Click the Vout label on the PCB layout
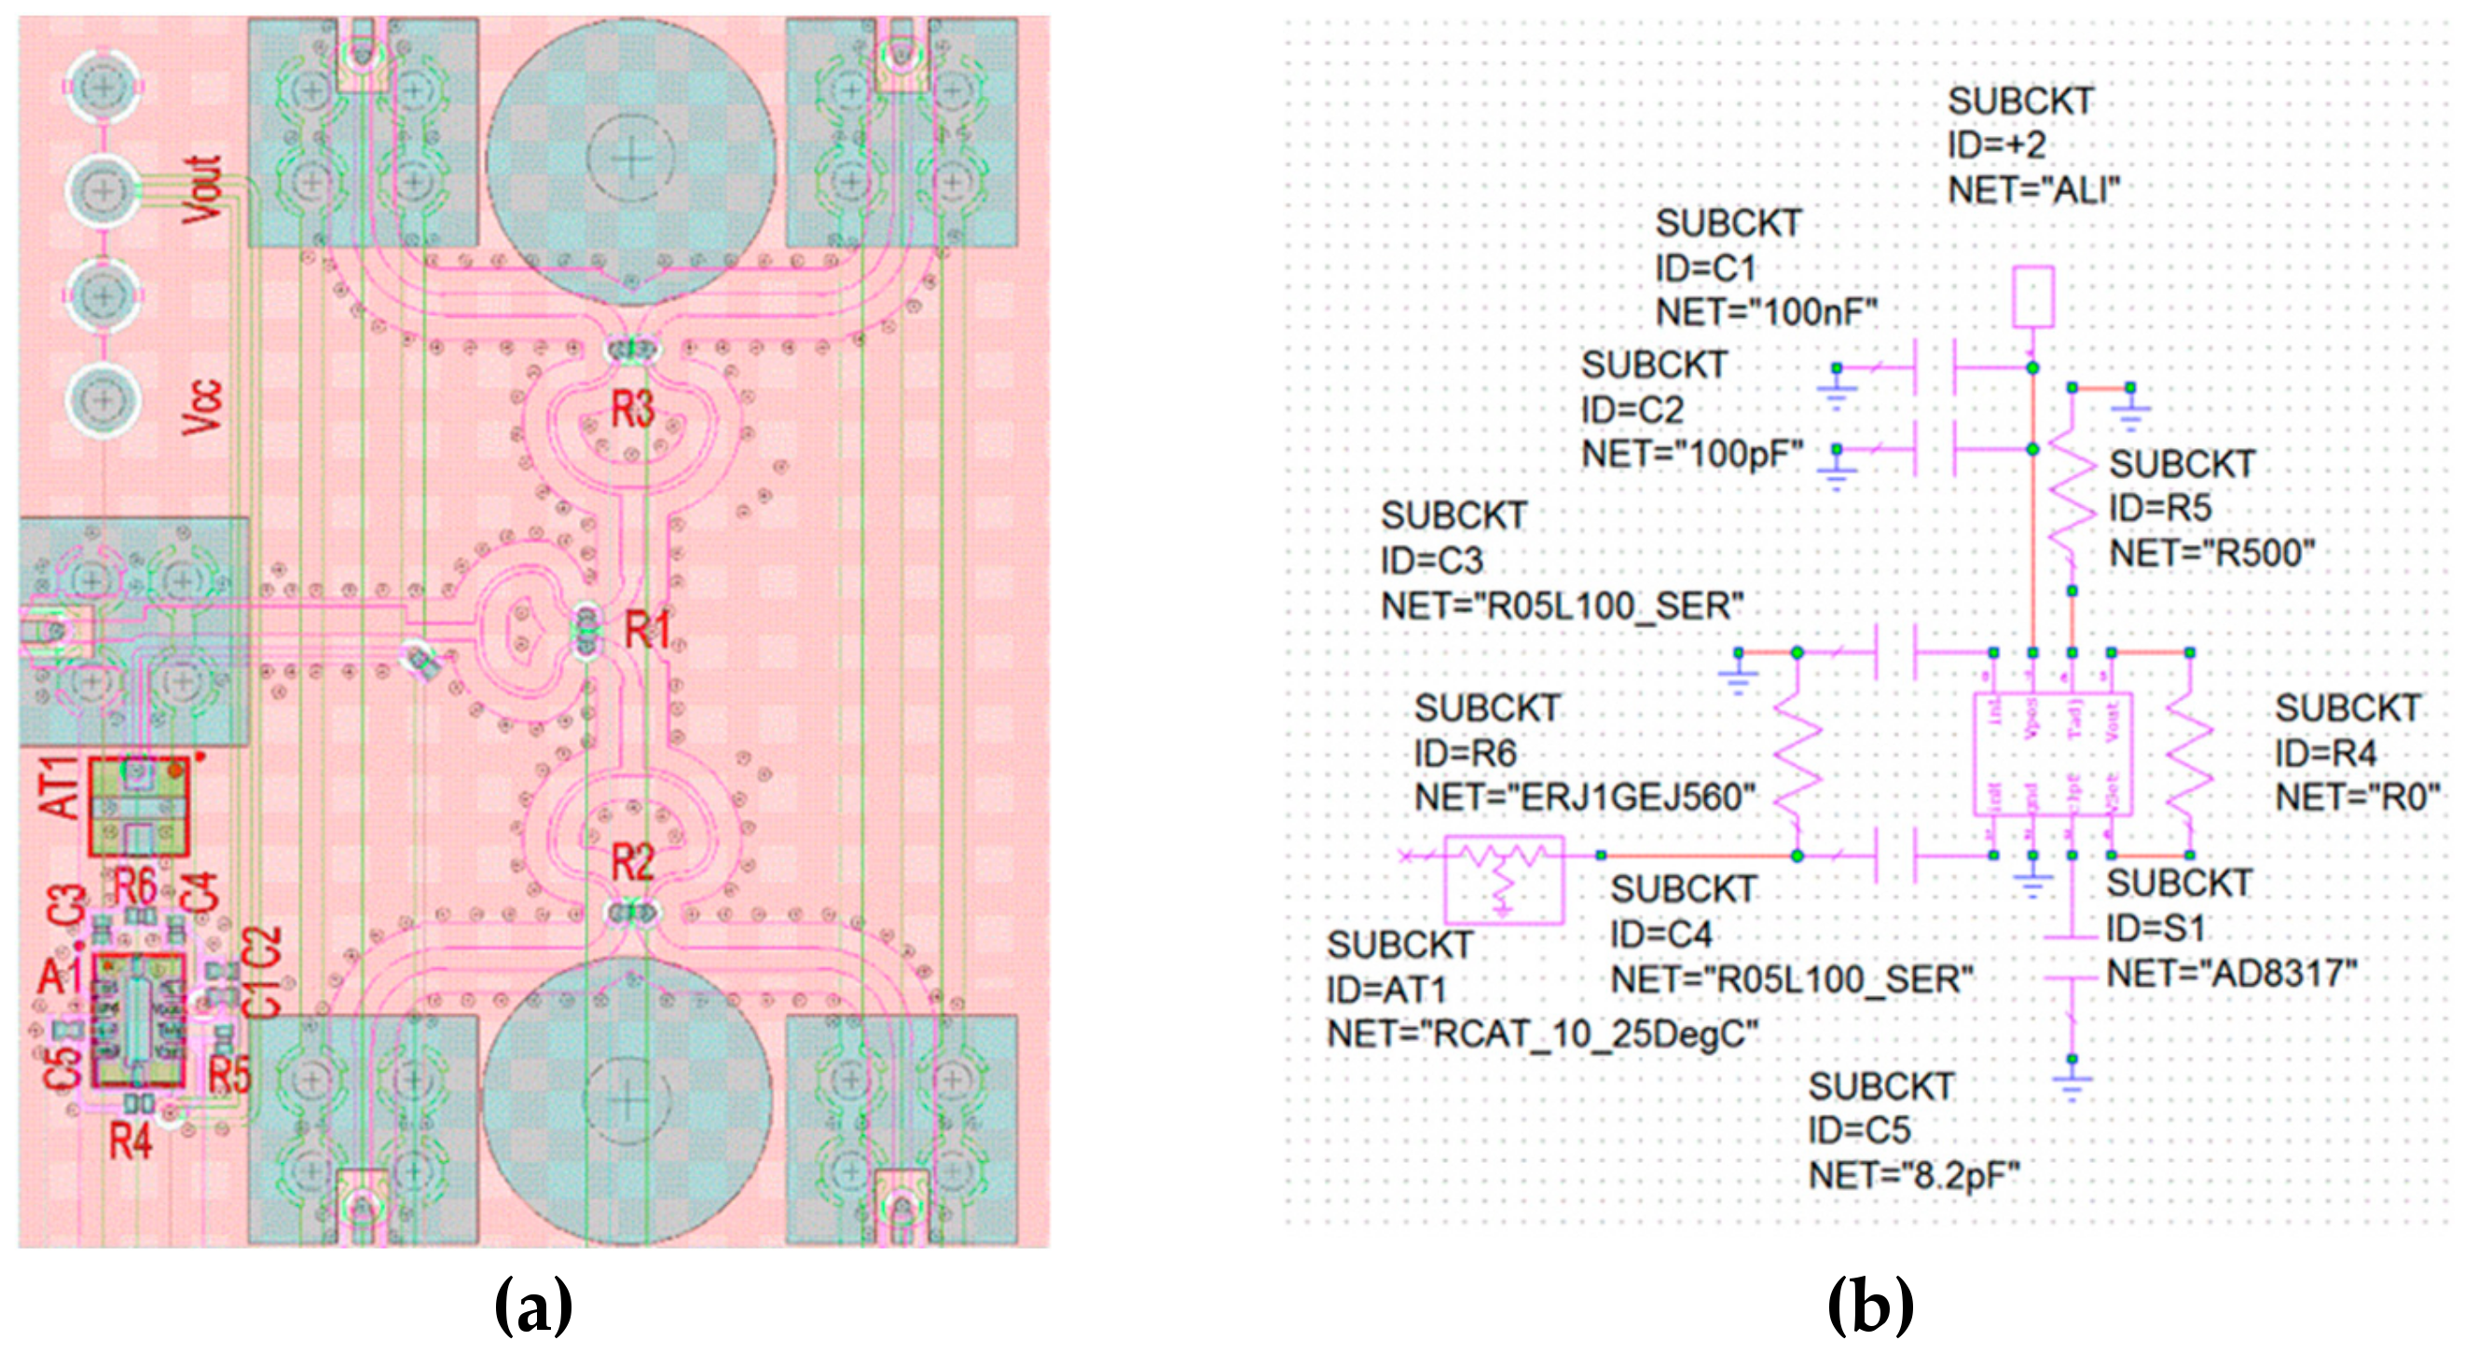(204, 189)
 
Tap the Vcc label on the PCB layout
(202, 406)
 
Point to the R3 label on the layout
(632, 408)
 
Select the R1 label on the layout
(648, 629)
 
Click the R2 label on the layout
(632, 863)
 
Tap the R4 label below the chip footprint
(131, 1142)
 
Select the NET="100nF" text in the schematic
(1767, 313)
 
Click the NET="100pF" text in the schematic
(1692, 455)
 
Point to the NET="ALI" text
(2033, 190)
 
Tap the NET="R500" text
(2211, 553)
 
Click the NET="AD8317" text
(2232, 974)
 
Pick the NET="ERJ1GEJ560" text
(1585, 797)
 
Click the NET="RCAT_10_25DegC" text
(1542, 1034)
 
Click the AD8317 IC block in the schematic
(2052, 754)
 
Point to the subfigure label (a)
(533, 1306)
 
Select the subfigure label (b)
(1869, 1306)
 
